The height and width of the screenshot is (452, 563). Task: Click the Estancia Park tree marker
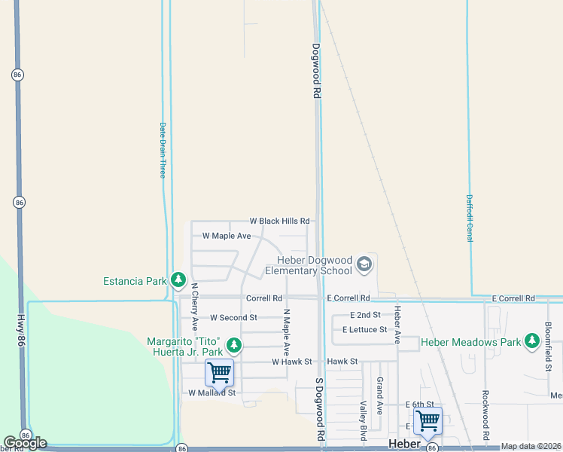(x=178, y=281)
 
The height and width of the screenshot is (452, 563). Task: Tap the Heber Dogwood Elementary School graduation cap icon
(x=364, y=263)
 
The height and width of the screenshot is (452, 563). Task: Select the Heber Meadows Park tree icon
(x=533, y=341)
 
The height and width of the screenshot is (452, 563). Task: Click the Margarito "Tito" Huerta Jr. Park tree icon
(x=234, y=346)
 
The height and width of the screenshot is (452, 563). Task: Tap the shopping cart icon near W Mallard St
(x=219, y=371)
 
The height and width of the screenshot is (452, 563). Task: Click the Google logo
(x=25, y=443)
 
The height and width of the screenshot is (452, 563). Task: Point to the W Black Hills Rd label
(x=279, y=221)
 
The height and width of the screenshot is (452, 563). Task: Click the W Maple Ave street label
(x=227, y=236)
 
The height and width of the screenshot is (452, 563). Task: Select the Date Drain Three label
(x=162, y=150)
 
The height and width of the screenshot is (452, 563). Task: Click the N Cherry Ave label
(x=194, y=307)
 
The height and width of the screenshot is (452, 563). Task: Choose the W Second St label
(x=233, y=318)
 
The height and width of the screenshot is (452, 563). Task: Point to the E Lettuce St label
(x=364, y=330)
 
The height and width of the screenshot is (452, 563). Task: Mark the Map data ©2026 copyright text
(x=531, y=446)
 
